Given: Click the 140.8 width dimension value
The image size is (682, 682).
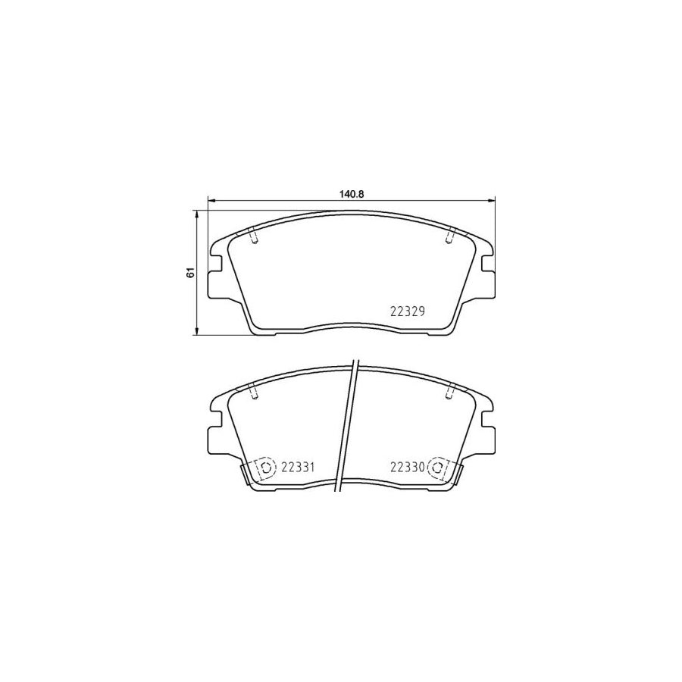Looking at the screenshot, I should coord(352,194).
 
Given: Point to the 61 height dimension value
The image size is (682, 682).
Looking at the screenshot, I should coord(192,272).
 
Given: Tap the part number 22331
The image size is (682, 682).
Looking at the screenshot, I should coord(298,467).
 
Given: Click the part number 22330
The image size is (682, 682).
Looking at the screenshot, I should coord(407,467).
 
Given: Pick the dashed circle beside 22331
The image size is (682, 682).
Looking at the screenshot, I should coord(266,468).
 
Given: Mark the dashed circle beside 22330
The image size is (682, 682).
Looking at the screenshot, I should coord(437,468).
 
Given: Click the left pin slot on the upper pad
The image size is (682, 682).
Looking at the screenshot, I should coord(254,236).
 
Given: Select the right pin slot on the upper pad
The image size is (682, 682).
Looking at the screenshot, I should coord(450,236).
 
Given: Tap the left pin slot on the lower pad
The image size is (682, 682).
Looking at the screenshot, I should coord(254,392).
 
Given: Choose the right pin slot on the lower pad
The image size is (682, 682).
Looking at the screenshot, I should coord(450,392).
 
